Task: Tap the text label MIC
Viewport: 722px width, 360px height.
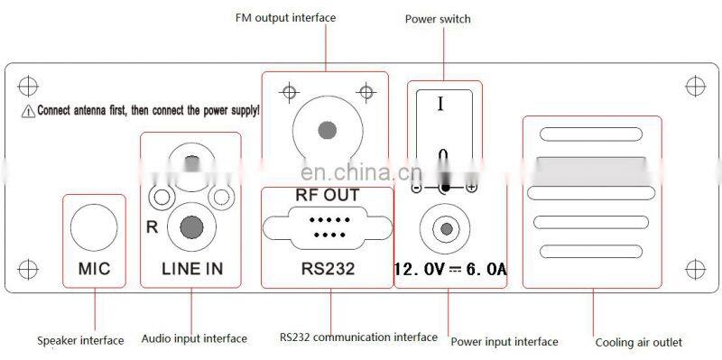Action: click(x=94, y=268)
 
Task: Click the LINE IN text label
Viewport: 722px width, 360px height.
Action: click(x=191, y=268)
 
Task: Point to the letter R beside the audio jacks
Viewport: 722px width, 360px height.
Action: click(x=152, y=226)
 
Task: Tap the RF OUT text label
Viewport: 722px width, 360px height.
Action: click(x=327, y=195)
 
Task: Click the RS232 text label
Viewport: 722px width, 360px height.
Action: click(x=327, y=268)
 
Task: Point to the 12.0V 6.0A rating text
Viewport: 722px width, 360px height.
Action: click(x=449, y=269)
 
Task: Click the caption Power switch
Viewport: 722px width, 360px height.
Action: click(x=437, y=19)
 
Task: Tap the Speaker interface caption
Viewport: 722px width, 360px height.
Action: click(x=80, y=341)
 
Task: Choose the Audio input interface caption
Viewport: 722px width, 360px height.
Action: click(x=194, y=339)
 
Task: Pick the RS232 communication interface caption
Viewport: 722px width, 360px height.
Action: click(x=358, y=337)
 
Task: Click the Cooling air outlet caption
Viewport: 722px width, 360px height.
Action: click(x=638, y=342)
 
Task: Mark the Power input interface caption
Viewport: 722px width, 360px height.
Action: click(x=504, y=341)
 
